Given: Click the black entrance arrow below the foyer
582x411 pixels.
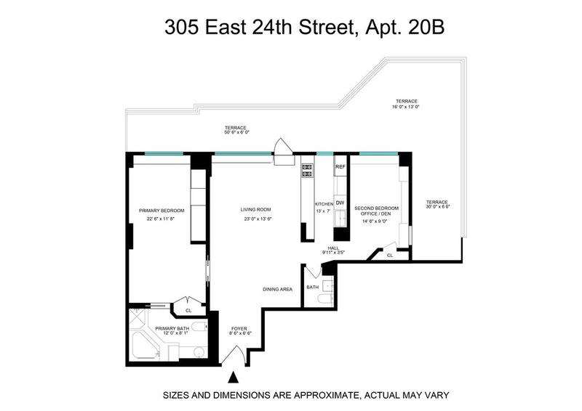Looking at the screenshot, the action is pos(233,378).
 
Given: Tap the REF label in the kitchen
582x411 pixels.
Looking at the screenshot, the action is pos(340,167).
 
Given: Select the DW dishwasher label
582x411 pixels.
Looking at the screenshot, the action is pos(340,203).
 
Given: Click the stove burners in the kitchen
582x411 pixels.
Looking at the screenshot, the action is pos(307,171).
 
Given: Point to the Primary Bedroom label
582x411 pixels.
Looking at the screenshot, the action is pos(162,211).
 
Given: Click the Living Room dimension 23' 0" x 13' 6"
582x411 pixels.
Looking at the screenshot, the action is pos(256,219).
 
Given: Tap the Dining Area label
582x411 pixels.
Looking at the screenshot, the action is pos(278,290).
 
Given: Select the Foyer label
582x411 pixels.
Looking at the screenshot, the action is pos(239,329).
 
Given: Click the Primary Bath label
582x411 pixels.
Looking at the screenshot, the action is pos(172,328).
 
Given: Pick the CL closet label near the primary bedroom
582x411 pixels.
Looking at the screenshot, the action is pos(188,311).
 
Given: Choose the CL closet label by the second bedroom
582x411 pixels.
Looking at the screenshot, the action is pos(390,256).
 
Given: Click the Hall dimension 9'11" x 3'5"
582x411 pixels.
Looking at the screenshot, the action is pos(334,253).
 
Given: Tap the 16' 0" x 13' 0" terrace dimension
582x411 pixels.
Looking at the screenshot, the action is pos(407,107).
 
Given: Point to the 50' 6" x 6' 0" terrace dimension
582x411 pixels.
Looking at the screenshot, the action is pos(236,132).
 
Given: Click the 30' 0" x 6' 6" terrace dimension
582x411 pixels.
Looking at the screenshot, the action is pos(438,207).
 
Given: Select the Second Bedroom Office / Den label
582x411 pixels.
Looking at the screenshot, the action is pos(376,211).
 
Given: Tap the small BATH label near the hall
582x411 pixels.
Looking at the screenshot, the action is pos(313,288).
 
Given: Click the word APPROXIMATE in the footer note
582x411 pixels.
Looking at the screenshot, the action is pos(326,395).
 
